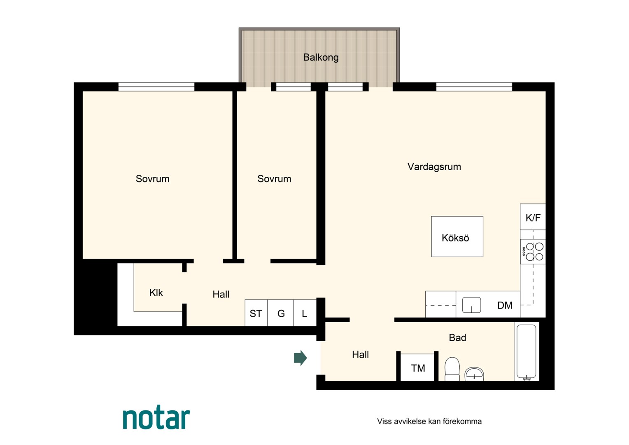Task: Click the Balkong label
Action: (321, 57)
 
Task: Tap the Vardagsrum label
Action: (434, 167)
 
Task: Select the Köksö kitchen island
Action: (457, 237)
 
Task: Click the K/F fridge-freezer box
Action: (533, 217)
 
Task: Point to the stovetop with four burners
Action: (533, 252)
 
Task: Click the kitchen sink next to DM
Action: (471, 305)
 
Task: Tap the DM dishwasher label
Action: (505, 305)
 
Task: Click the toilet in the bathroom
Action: (452, 369)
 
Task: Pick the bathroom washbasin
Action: (474, 374)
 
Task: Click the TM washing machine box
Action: (417, 368)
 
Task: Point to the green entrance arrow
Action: (300, 358)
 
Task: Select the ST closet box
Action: (256, 313)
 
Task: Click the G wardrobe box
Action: (280, 313)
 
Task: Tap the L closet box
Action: (305, 313)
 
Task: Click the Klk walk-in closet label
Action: (156, 293)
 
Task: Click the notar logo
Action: (156, 417)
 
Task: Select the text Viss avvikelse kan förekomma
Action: (429, 422)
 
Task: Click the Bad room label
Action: (457, 337)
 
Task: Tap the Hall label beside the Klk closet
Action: (221, 294)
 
